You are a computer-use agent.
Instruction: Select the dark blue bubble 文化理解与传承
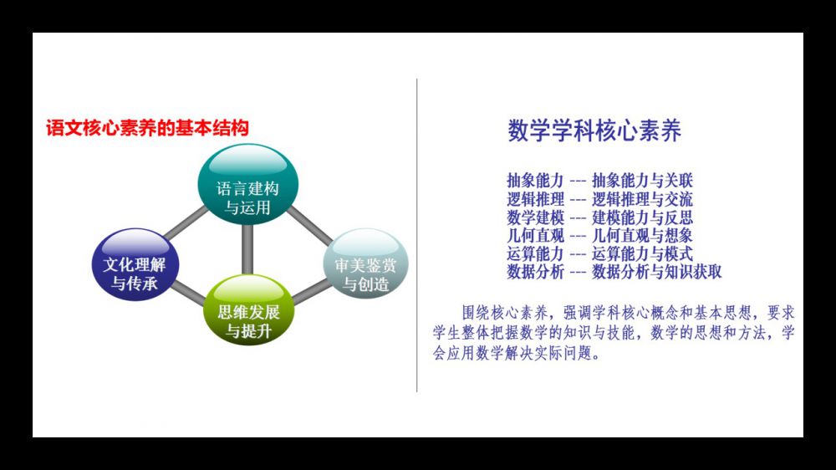135,264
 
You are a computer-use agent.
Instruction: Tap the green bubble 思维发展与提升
249,310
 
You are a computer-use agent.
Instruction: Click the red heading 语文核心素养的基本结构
147,128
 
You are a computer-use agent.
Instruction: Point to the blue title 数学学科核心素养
594,130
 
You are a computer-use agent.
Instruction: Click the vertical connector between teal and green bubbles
247,250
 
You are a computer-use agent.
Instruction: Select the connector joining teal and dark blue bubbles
185,223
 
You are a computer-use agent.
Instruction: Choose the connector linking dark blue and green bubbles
189,293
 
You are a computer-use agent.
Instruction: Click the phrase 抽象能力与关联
642,181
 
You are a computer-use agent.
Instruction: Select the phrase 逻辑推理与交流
642,199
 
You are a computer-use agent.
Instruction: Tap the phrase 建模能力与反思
642,217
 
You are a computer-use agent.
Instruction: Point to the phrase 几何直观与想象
642,235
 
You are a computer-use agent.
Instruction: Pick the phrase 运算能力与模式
642,253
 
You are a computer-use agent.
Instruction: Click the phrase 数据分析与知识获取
656,272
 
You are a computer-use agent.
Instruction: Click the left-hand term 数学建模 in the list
535,217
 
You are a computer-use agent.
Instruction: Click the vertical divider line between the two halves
417,235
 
